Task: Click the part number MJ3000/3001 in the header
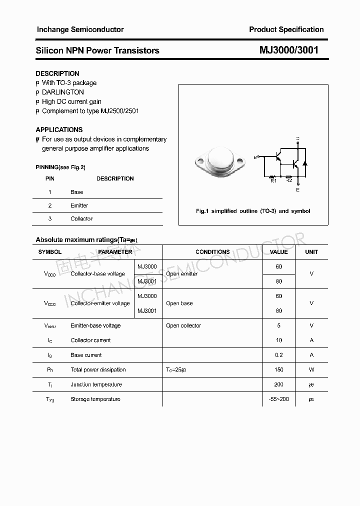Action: [288, 50]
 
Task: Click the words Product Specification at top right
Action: [286, 29]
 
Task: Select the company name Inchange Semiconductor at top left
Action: [80, 29]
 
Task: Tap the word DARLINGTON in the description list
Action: [62, 92]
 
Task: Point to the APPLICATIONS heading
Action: [59, 130]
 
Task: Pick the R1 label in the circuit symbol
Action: [273, 181]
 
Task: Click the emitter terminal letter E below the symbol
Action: [298, 190]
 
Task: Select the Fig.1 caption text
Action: [253, 211]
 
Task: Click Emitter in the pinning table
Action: [79, 205]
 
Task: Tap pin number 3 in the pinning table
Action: [50, 219]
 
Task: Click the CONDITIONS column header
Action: [212, 252]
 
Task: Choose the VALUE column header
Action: [278, 252]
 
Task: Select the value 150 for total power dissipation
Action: [278, 370]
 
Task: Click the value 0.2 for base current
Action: [278, 355]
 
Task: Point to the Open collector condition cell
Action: [183, 325]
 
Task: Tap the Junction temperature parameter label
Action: [96, 384]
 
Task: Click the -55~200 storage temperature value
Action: [278, 399]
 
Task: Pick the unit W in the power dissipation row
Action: [311, 370]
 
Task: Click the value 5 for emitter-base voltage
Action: [278, 325]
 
